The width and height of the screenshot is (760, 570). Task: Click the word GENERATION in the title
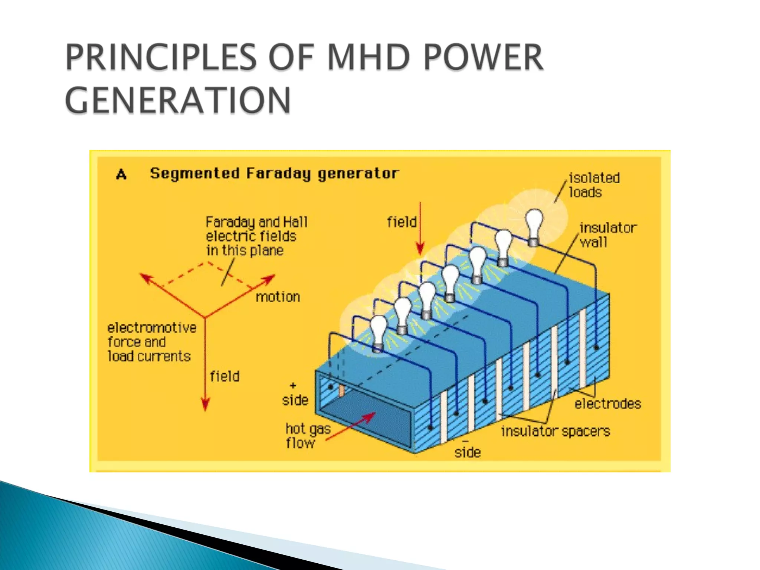178,100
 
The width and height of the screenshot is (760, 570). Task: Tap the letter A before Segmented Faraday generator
121,174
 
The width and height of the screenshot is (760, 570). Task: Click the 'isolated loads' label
594,185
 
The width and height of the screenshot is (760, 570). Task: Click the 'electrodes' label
607,404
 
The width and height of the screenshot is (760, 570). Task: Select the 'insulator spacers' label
555,431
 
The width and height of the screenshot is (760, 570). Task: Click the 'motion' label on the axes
278,297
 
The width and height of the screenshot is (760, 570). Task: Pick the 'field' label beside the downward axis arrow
225,376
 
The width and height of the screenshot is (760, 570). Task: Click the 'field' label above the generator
402,222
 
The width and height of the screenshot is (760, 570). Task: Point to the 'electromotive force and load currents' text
151,342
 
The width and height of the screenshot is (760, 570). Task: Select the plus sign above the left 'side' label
293,385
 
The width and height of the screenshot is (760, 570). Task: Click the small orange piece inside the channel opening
342,390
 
